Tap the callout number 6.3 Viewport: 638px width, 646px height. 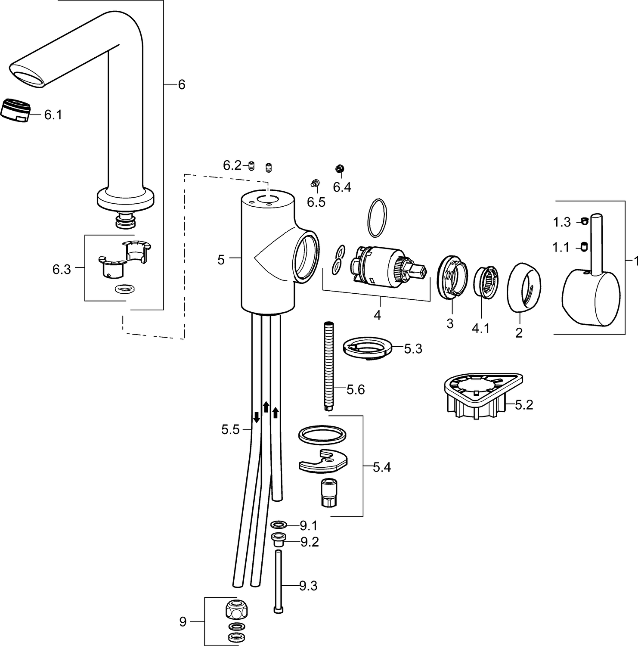click(61, 270)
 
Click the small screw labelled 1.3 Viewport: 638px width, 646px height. click(584, 221)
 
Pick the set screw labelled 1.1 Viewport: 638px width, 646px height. click(584, 246)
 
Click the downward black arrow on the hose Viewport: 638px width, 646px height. click(256, 416)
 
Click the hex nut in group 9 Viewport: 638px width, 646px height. click(237, 610)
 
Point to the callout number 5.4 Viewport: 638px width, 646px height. click(381, 467)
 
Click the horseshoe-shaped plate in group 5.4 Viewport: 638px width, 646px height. click(323, 461)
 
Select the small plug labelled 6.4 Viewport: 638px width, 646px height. click(340, 168)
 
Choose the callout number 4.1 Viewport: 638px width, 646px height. click(480, 328)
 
